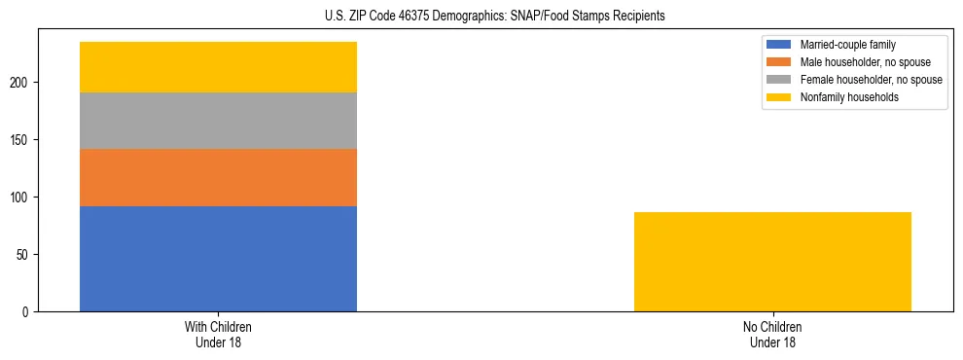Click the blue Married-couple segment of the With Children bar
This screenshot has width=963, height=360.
pyautogui.click(x=218, y=259)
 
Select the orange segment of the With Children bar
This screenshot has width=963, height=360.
pyautogui.click(x=218, y=177)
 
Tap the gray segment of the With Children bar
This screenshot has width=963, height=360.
pyautogui.click(x=218, y=121)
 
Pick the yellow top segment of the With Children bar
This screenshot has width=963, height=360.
pyautogui.click(x=218, y=67)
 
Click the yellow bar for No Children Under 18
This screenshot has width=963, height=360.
pyautogui.click(x=772, y=262)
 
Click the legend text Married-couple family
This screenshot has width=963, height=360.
pyautogui.click(x=848, y=45)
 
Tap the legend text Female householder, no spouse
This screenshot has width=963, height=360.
pyautogui.click(x=871, y=80)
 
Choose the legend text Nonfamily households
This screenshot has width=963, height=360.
pyautogui.click(x=847, y=97)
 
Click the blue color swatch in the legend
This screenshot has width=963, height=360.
pyautogui.click(x=779, y=45)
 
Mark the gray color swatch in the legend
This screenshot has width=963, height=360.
pyautogui.click(x=779, y=80)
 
